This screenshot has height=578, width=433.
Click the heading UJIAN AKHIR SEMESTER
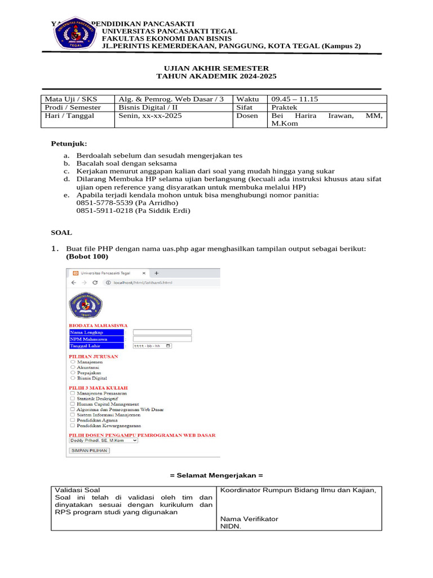216,68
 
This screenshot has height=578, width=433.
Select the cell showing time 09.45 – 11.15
294,99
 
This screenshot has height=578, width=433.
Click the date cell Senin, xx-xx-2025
150,116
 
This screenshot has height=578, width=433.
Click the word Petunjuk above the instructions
69,144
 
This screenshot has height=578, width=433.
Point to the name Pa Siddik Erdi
164,211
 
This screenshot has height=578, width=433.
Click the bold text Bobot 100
87,256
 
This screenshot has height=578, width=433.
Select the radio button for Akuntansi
73,367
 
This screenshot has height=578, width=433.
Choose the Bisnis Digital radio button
73,378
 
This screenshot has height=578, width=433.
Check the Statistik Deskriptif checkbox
72,398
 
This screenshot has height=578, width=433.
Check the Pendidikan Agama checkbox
72,420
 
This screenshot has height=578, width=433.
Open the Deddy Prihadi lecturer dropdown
103,440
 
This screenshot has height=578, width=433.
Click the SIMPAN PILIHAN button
89,450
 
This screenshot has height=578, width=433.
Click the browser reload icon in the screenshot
95,282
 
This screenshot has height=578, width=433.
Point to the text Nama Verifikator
249,519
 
